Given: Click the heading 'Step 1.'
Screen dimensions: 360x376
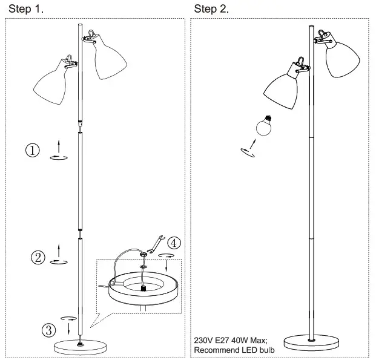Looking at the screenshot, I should [25, 9].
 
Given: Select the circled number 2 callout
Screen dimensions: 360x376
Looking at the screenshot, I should [38, 257].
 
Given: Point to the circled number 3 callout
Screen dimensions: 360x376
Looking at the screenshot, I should [49, 330].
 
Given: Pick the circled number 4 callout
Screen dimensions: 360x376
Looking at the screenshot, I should [174, 243].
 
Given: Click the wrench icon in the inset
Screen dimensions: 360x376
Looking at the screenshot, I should [156, 244].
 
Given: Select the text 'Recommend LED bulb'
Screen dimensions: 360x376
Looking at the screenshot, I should [234, 350].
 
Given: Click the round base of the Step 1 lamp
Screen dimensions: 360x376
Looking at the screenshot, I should [81, 347].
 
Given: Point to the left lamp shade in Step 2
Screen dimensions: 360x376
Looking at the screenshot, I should [282, 91].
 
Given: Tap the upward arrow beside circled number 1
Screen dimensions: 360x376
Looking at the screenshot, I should [59, 146].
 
